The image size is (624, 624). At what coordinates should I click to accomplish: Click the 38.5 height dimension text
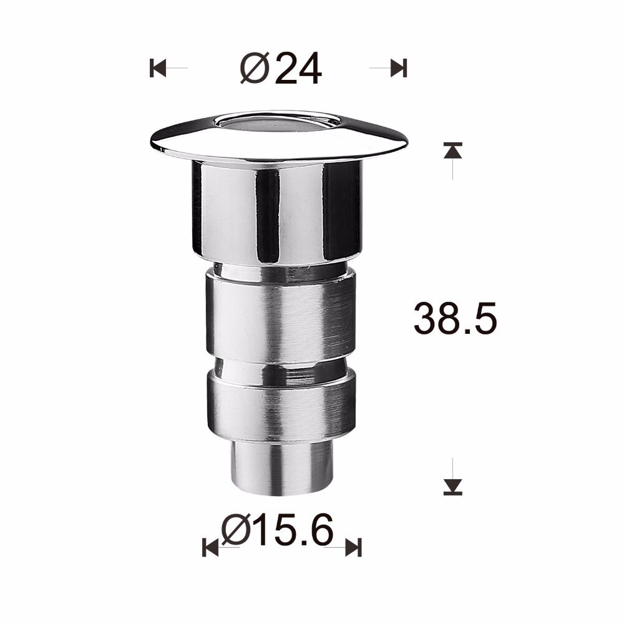click(x=455, y=319)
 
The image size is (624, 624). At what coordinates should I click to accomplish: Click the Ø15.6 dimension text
click(x=278, y=532)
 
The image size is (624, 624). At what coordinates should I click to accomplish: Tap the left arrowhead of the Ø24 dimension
click(x=156, y=67)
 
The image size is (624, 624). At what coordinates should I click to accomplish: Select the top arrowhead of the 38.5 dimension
click(x=453, y=150)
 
